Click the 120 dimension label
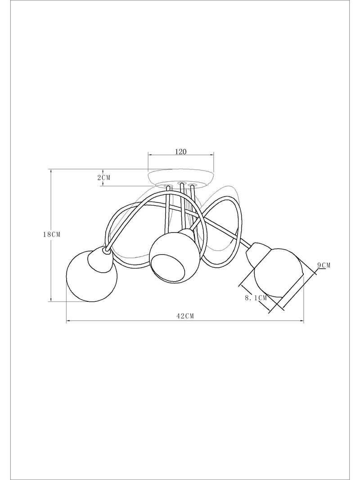[x=180, y=152]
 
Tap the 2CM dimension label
[x=104, y=177]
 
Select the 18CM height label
[x=51, y=234]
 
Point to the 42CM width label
[x=185, y=316]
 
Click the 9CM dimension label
[x=324, y=265]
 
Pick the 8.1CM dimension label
[x=256, y=297]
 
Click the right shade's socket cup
[x=258, y=254]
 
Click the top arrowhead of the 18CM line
[x=51, y=171]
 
